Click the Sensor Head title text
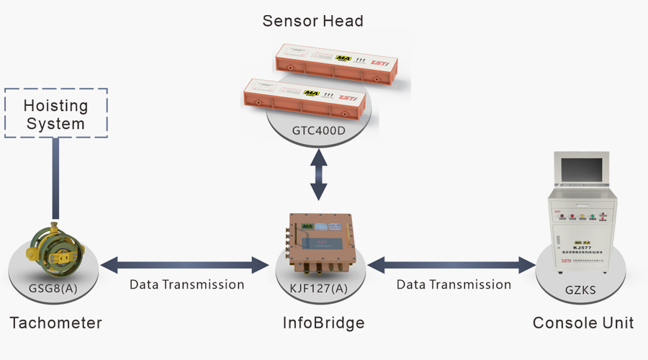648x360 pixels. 312,20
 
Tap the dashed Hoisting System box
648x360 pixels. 56,114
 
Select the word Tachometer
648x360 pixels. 55,322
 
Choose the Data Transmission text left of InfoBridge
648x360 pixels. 186,284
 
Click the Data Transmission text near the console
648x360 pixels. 454,284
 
